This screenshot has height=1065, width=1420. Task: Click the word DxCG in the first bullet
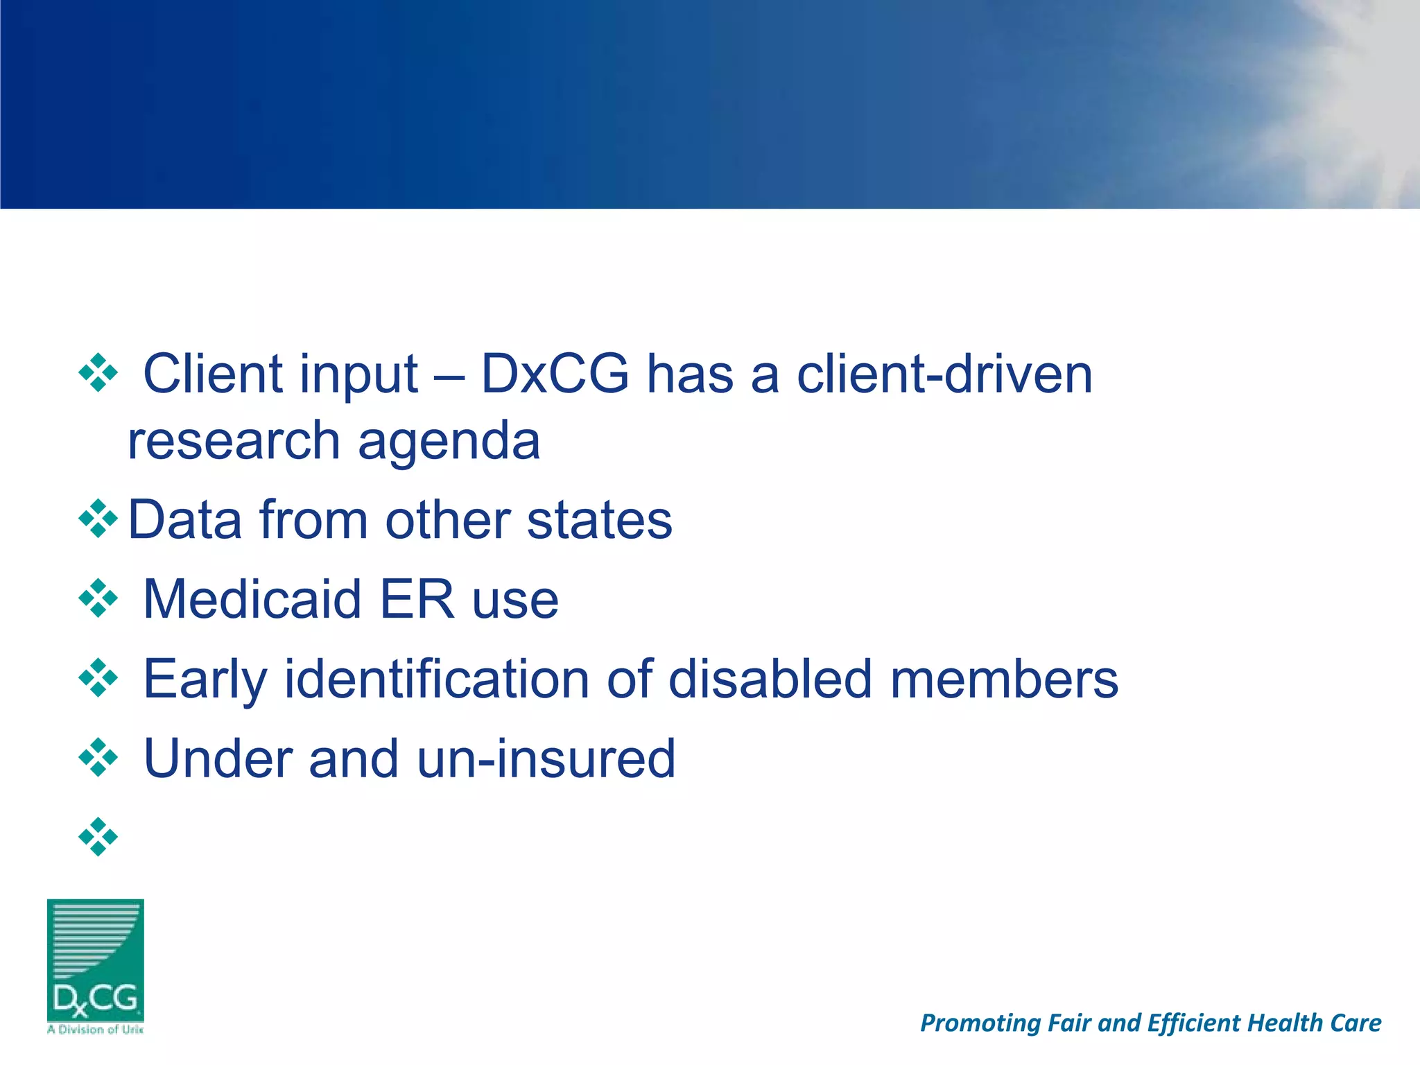click(555, 374)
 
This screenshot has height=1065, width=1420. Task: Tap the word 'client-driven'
click(944, 374)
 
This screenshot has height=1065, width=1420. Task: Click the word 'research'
click(234, 442)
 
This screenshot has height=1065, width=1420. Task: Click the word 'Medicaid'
click(252, 599)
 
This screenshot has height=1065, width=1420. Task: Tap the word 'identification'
click(437, 679)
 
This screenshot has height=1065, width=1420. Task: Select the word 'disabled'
click(770, 679)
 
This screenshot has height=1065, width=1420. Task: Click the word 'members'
click(1004, 679)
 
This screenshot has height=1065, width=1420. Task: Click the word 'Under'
click(217, 759)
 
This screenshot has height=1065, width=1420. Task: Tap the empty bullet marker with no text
click(98, 837)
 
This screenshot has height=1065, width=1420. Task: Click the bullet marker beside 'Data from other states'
click(98, 519)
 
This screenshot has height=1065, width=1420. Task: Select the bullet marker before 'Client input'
click(98, 373)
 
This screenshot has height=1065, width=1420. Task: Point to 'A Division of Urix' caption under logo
click(96, 1030)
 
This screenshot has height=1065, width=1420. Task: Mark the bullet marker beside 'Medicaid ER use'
click(98, 598)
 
